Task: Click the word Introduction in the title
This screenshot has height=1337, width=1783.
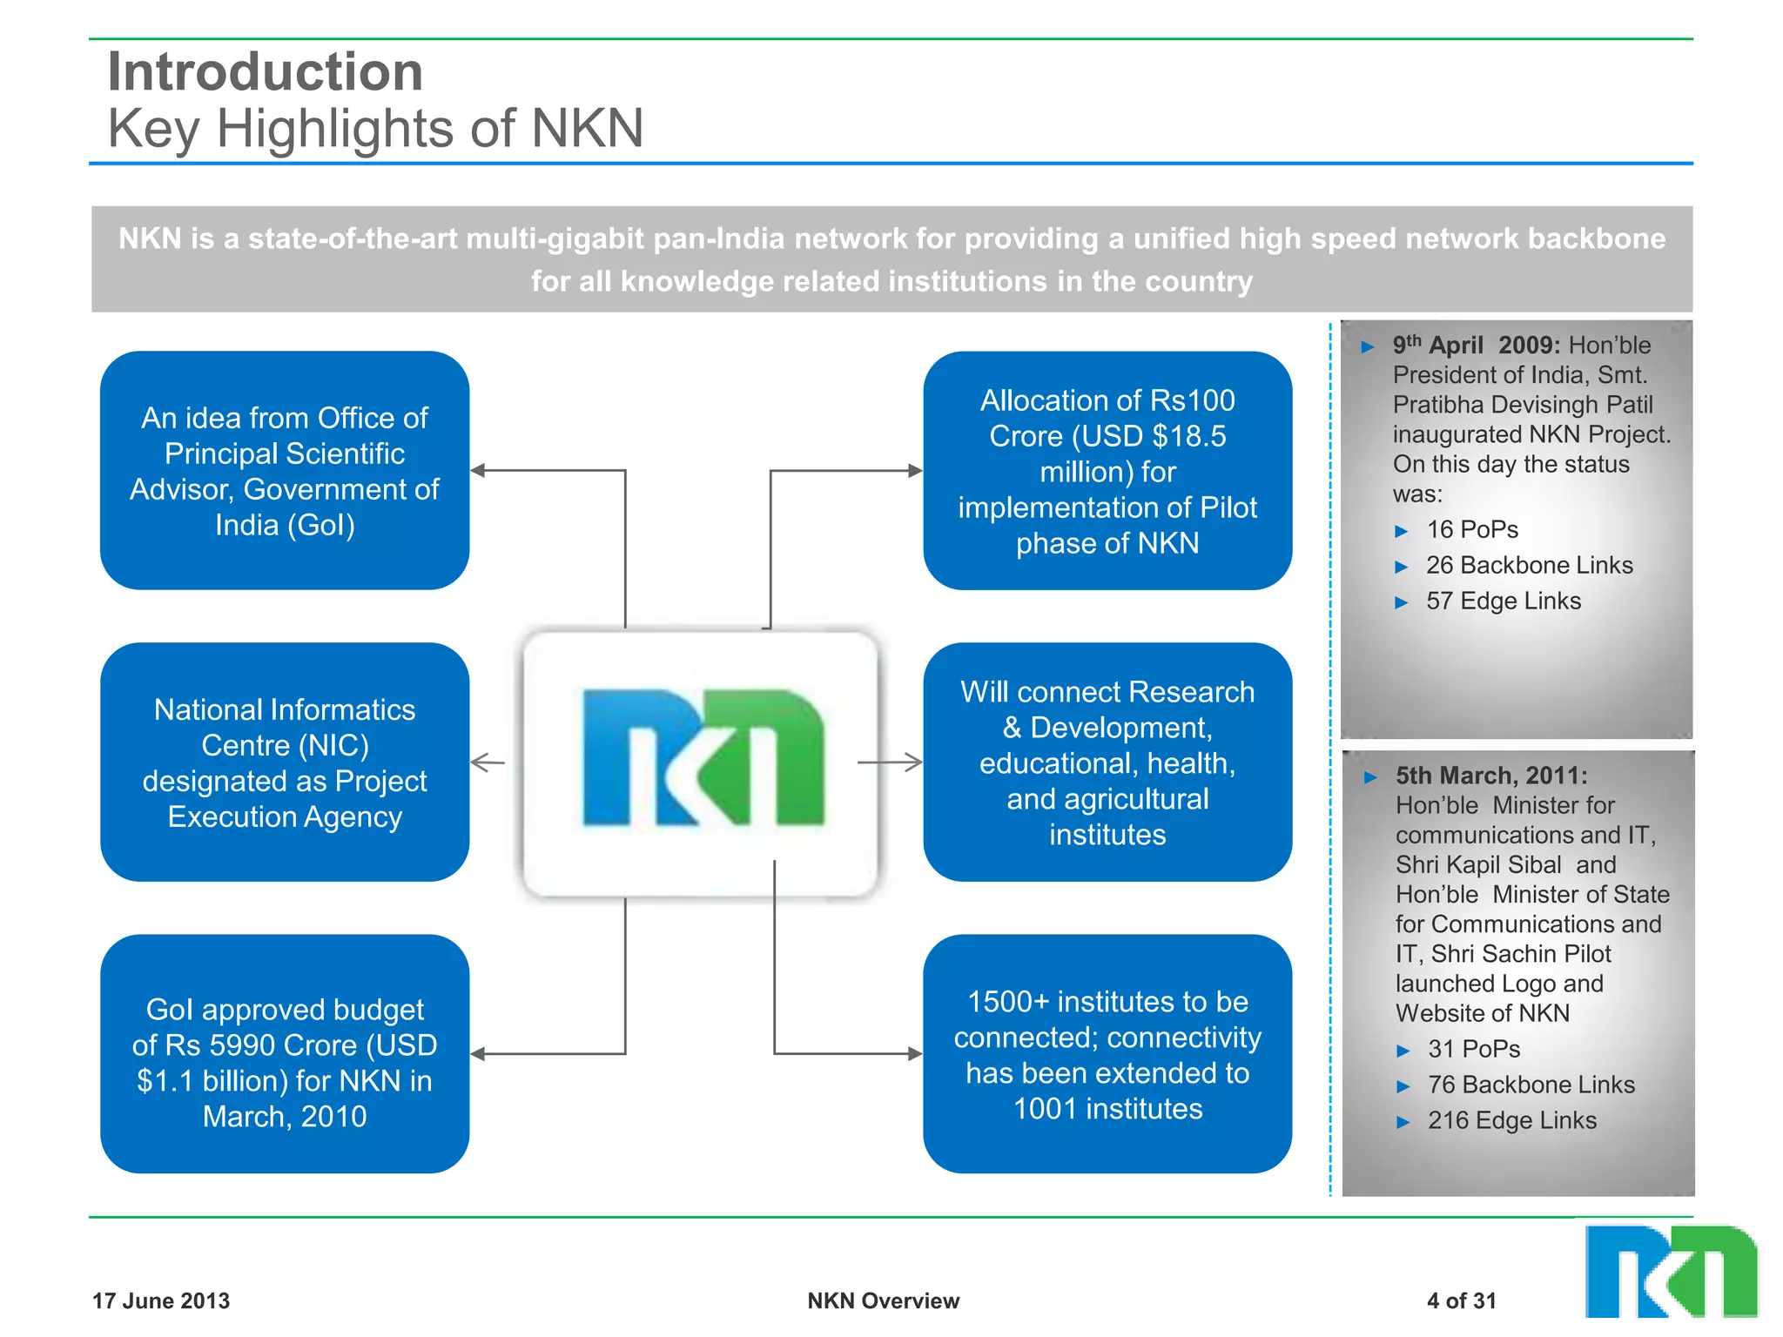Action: [265, 71]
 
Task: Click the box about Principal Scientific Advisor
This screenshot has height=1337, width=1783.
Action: [285, 471]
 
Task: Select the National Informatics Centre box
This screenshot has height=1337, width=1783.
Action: [285, 763]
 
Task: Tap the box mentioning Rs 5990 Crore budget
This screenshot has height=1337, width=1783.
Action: [285, 1054]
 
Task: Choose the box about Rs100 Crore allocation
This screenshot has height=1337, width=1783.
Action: [1107, 471]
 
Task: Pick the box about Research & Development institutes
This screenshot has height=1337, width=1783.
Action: [1107, 763]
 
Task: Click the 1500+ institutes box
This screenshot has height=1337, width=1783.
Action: [1107, 1054]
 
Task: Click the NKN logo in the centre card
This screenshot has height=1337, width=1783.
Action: [702, 757]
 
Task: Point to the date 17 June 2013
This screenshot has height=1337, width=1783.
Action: [161, 1300]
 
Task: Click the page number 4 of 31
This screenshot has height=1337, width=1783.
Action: [1461, 1300]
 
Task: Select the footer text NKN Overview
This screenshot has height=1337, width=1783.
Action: [883, 1300]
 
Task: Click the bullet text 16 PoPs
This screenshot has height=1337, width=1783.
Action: [1472, 529]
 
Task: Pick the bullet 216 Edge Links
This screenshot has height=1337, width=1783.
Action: [1511, 1120]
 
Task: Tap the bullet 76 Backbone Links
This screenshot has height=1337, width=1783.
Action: [1531, 1085]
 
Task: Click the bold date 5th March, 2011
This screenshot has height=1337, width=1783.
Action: [1491, 776]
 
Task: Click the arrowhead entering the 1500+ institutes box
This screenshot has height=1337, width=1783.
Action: [914, 1054]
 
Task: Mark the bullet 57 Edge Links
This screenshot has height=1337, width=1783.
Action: [1503, 601]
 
